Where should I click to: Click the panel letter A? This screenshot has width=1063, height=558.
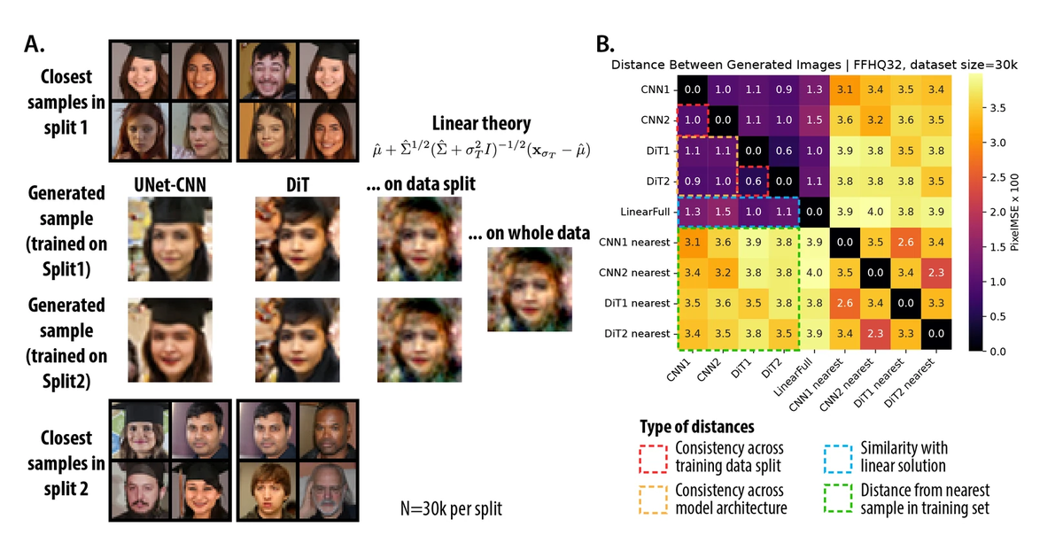pyautogui.click(x=35, y=44)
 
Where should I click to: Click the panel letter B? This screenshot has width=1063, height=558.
pyautogui.click(x=605, y=44)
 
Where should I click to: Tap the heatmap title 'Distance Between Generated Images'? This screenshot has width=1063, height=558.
pyautogui.click(x=725, y=65)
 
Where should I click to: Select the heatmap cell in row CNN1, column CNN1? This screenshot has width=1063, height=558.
pyautogui.click(x=693, y=89)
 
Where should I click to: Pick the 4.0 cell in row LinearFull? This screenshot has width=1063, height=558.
pyautogui.click(x=875, y=212)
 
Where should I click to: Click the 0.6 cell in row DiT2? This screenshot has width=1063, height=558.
pyautogui.click(x=753, y=182)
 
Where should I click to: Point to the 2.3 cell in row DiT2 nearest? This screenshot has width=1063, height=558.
pyautogui.click(x=875, y=334)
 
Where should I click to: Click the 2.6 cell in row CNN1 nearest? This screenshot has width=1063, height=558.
pyautogui.click(x=905, y=243)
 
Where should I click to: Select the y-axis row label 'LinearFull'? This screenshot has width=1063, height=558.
pyautogui.click(x=645, y=212)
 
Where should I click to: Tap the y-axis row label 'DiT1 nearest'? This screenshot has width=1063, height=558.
pyautogui.click(x=637, y=303)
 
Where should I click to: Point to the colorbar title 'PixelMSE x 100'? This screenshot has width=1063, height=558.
pyautogui.click(x=1013, y=212)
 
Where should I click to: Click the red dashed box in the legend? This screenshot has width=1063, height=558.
pyautogui.click(x=654, y=459)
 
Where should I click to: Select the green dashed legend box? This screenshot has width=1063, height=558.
pyautogui.click(x=839, y=498)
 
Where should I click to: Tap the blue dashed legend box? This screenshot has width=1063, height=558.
pyautogui.click(x=839, y=459)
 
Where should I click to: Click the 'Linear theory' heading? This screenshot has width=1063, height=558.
pyautogui.click(x=481, y=123)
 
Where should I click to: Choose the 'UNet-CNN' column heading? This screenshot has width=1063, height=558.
pyautogui.click(x=170, y=185)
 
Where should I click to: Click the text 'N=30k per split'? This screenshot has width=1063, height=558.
pyautogui.click(x=451, y=508)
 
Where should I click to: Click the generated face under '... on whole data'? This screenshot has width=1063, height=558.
pyautogui.click(x=530, y=290)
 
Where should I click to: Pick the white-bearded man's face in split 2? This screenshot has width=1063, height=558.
pyautogui.click(x=328, y=490)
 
